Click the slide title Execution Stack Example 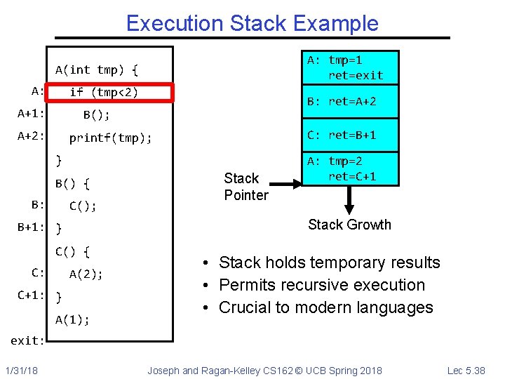(252, 23)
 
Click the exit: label (27, 340)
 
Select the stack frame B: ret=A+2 (348, 102)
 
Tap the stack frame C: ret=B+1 (348, 135)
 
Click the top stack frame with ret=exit (348, 67)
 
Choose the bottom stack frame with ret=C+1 (348, 168)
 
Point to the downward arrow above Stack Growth (349, 200)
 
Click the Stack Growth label (349, 225)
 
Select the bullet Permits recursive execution (322, 285)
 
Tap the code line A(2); (86, 274)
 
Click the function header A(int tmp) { (97, 69)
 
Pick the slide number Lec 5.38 (466, 370)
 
